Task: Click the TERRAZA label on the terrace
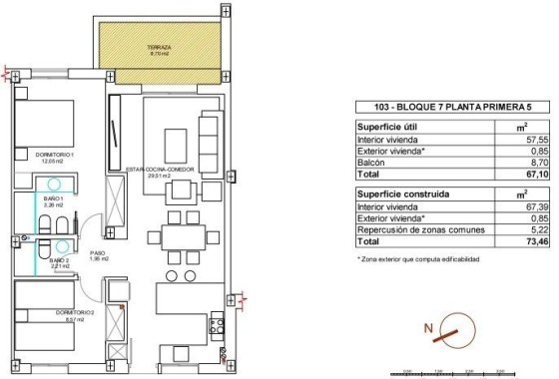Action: click(162, 47)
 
